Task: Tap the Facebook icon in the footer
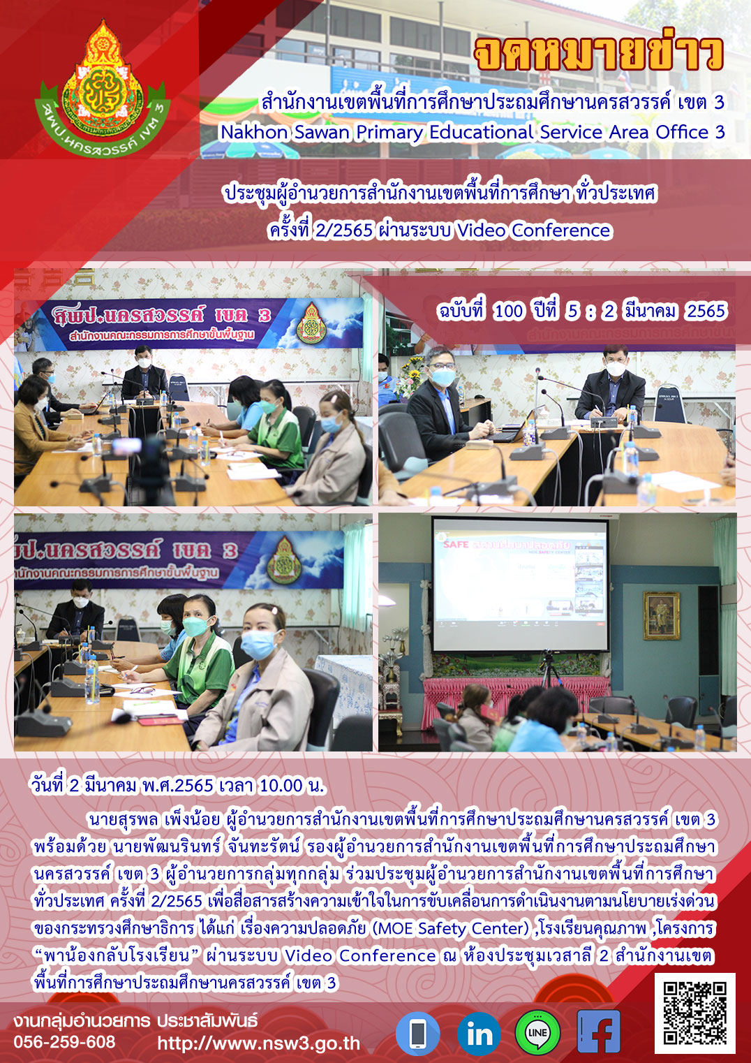[598, 1032]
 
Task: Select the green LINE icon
[537, 1033]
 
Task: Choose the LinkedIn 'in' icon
[479, 1033]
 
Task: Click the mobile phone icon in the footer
[417, 1033]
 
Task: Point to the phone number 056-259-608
[64, 1042]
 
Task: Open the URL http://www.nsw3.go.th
[259, 1043]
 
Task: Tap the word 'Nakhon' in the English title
[254, 133]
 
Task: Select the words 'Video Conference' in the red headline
[534, 230]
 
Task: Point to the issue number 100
[509, 311]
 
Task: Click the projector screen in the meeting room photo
[521, 585]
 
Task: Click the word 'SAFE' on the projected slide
[456, 544]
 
